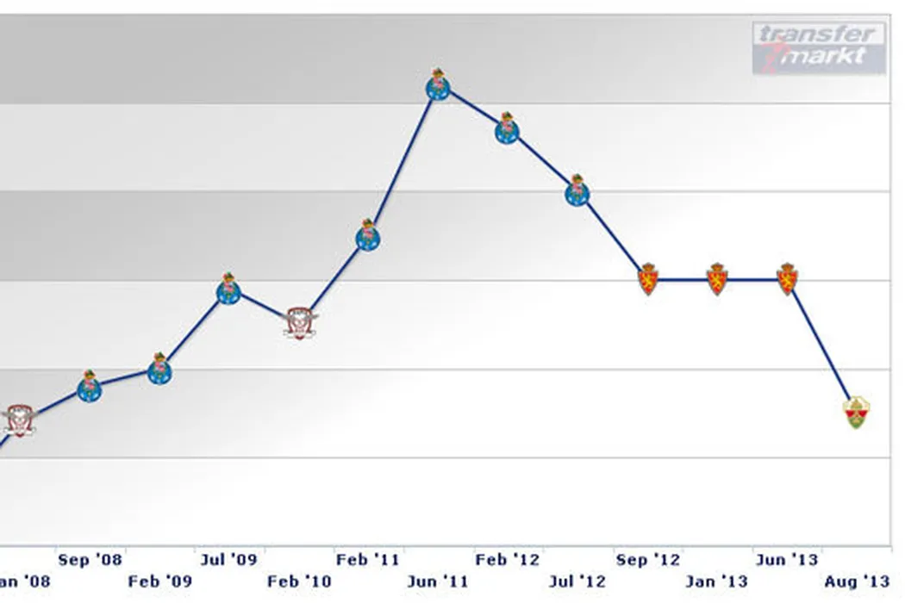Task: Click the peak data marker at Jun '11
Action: point(439,85)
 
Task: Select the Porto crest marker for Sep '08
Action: point(90,388)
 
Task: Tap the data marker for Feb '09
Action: point(159,370)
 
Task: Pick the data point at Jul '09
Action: point(228,290)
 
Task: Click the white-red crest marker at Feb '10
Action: point(299,323)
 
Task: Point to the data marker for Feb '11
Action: point(368,236)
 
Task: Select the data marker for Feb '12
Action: point(507,129)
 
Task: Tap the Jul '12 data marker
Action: point(577,191)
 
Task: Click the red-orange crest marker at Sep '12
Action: point(648,280)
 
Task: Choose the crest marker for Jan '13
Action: point(717,280)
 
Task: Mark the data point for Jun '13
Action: point(787,280)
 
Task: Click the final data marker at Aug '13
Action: point(856,413)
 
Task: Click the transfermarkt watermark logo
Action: point(818,47)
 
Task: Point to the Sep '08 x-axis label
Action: point(90,560)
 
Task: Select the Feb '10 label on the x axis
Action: point(299,581)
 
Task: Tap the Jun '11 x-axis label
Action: point(438,581)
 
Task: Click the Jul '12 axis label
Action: point(577,581)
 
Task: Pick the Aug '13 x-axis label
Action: point(856,581)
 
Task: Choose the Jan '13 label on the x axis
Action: point(717,581)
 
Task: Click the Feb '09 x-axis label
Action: point(159,581)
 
